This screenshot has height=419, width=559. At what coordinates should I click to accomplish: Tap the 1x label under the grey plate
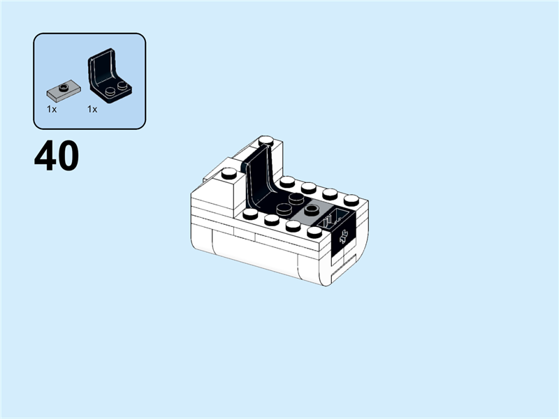click(x=52, y=110)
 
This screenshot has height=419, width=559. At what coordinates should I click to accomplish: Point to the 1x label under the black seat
click(x=92, y=110)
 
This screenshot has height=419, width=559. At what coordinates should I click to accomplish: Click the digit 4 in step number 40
click(x=45, y=157)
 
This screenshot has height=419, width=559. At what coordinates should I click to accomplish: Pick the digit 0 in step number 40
click(x=68, y=157)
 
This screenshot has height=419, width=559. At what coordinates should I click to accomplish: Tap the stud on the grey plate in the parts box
click(x=64, y=87)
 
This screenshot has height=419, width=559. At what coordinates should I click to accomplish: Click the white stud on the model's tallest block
click(x=266, y=142)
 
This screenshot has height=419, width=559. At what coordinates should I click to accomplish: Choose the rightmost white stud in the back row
click(x=351, y=200)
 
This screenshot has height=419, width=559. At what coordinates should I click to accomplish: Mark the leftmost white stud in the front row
click(x=250, y=212)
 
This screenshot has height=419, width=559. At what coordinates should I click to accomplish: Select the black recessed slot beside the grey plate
click(x=335, y=216)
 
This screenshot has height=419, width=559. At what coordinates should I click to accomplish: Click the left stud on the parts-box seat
click(x=110, y=90)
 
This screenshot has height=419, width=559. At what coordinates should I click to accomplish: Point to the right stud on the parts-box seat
click(x=123, y=85)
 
